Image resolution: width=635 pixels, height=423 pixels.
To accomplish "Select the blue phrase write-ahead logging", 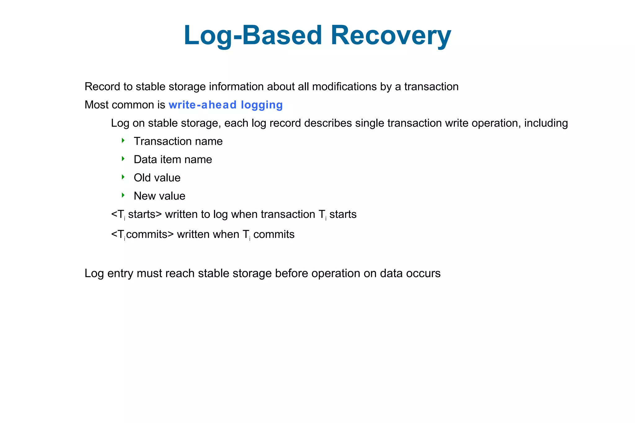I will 225,105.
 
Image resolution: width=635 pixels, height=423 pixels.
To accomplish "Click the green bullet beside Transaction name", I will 123,141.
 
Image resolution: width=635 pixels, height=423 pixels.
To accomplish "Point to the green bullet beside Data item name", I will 123,159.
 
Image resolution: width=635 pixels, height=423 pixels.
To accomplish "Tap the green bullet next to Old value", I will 123,177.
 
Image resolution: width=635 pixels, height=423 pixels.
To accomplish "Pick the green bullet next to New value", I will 123,195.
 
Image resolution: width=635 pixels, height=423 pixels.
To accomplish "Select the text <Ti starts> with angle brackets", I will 136,214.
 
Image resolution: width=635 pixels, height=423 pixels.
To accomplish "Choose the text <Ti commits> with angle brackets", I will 142,234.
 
